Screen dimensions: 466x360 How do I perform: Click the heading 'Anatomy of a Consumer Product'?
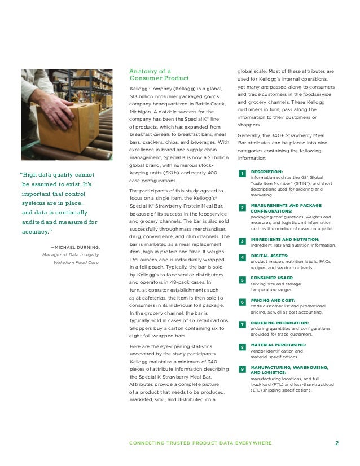pyautogui.click(x=159, y=74)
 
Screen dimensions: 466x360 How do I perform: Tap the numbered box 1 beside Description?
pyautogui.click(x=242, y=173)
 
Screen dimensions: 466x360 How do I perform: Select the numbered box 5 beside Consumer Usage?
pyautogui.click(x=242, y=280)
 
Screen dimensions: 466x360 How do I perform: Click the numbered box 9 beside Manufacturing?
pyautogui.click(x=242, y=369)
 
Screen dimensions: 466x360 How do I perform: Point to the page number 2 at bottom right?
pyautogui.click(x=336, y=443)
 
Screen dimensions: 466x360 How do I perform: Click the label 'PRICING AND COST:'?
pyautogui.click(x=274, y=301)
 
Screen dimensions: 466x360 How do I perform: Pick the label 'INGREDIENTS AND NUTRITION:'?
pyautogui.click(x=286, y=239)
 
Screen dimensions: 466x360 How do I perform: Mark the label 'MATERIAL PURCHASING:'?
pyautogui.click(x=278, y=345)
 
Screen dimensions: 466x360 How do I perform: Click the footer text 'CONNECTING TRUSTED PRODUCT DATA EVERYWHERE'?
pyautogui.click(x=200, y=443)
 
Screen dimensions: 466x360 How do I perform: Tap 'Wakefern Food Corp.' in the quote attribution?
pyautogui.click(x=77, y=262)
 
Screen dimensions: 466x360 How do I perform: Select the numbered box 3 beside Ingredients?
pyautogui.click(x=242, y=241)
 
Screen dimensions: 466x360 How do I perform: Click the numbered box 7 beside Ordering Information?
pyautogui.click(x=242, y=324)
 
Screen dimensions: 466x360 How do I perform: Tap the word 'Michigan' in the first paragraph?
pyautogui.click(x=140, y=112)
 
